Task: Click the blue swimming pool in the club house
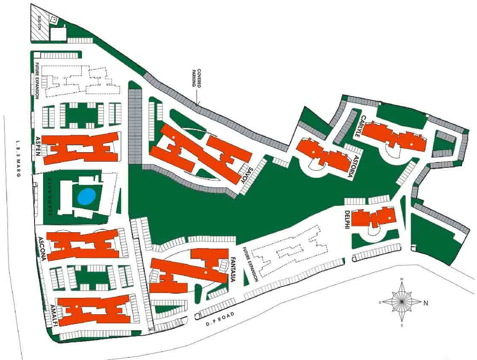86,196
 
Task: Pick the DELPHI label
347,220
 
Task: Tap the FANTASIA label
233,270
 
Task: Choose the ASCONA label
41,249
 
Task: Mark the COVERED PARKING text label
196,78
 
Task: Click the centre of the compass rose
401,301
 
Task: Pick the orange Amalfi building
94,310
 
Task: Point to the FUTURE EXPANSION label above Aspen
37,81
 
